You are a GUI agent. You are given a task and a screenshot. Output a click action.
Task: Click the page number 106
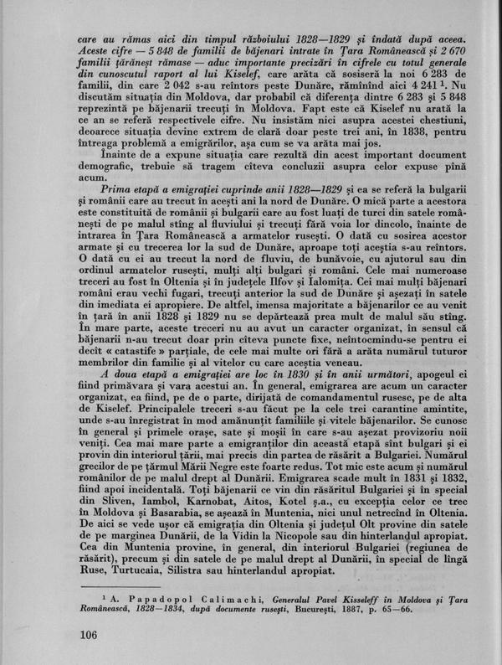click(x=86, y=632)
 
